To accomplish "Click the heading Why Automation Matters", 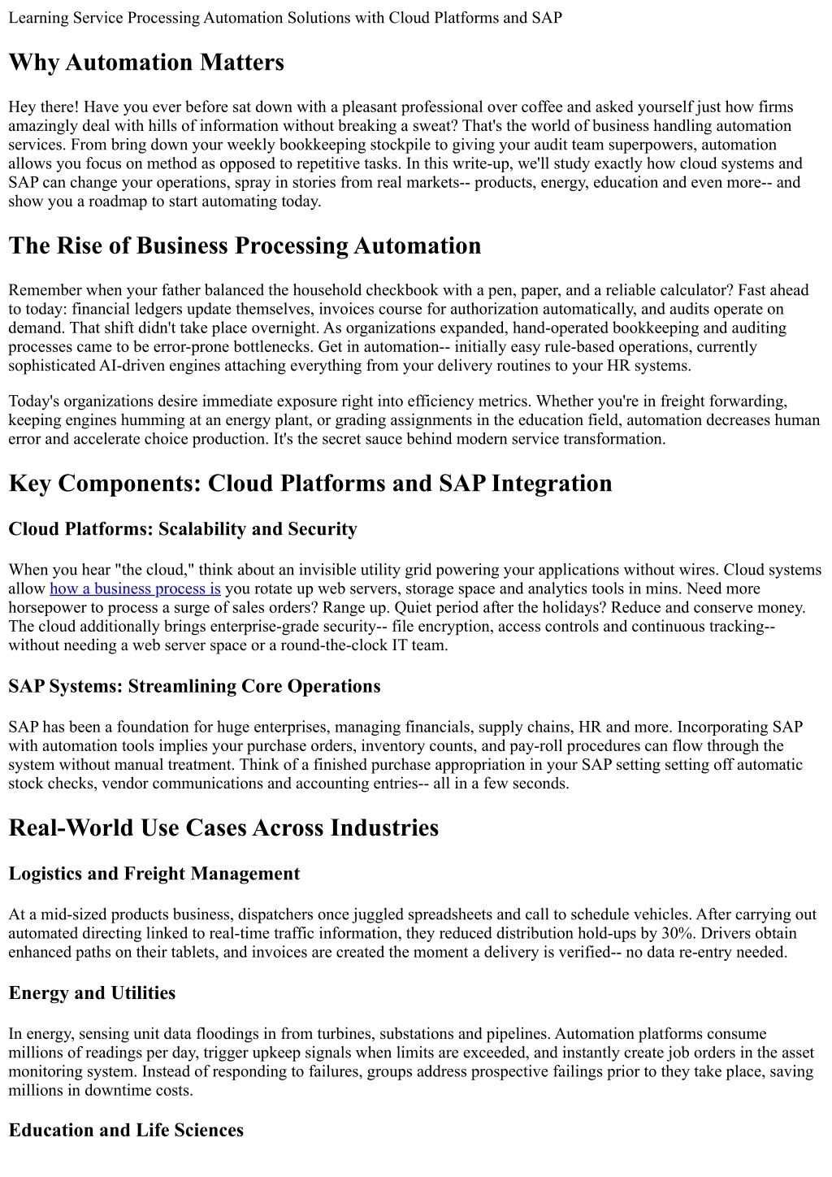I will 146,63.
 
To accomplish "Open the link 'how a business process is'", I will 135,588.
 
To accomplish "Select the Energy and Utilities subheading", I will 92,992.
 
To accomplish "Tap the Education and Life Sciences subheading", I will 126,1130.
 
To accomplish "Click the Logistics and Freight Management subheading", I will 154,873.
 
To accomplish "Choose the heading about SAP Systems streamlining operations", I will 194,686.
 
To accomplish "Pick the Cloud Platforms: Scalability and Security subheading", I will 183,529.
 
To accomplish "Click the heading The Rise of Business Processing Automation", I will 245,245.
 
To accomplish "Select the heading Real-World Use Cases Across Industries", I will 223,827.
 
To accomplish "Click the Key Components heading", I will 310,483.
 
